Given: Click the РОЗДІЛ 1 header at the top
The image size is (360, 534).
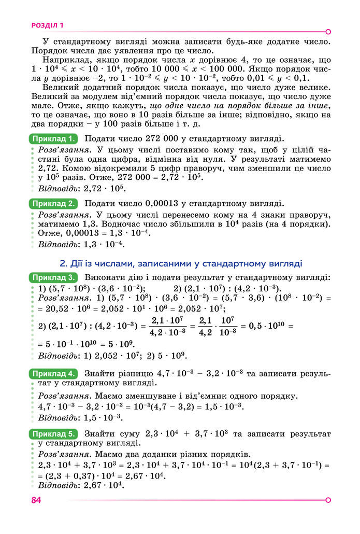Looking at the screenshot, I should tap(47, 24).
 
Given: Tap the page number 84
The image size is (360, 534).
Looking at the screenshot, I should tap(36, 500).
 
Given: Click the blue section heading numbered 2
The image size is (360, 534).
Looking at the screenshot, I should tap(181, 263).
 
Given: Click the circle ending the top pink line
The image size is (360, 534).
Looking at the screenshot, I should tap(328, 31).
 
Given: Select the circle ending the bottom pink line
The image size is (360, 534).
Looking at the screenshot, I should tap(328, 500).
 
